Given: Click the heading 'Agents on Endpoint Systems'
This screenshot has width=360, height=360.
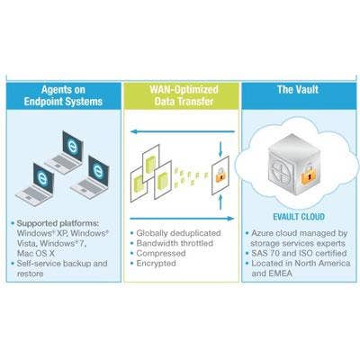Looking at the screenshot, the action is (63, 95).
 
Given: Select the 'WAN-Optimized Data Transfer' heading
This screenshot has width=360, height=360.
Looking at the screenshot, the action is (184, 95).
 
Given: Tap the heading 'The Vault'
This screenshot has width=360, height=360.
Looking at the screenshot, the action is (298, 89).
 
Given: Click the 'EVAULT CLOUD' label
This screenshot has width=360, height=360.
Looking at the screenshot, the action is (299, 217).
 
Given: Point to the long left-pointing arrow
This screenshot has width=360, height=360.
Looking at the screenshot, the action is (183, 131).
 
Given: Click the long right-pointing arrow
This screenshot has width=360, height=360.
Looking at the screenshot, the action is (182, 219).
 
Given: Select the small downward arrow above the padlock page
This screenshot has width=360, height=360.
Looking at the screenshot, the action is (220, 149).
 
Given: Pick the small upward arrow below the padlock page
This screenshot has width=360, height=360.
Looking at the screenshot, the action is (220, 202).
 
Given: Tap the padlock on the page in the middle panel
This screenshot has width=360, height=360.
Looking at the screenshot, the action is (220, 175).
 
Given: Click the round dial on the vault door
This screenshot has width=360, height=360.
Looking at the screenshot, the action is (282, 171).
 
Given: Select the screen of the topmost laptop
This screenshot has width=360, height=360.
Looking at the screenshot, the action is (73, 146).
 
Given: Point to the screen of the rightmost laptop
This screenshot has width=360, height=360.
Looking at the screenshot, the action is (98, 171).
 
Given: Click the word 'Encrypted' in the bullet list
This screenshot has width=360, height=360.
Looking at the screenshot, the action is (156, 264).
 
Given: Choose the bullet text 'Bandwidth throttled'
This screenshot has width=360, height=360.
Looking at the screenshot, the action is (175, 243).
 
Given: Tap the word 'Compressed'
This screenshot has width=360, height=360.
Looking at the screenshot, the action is (161, 253).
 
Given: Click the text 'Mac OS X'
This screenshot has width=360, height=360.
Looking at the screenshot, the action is (36, 253).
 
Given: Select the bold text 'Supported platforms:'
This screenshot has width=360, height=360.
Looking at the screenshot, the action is (58, 223).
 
